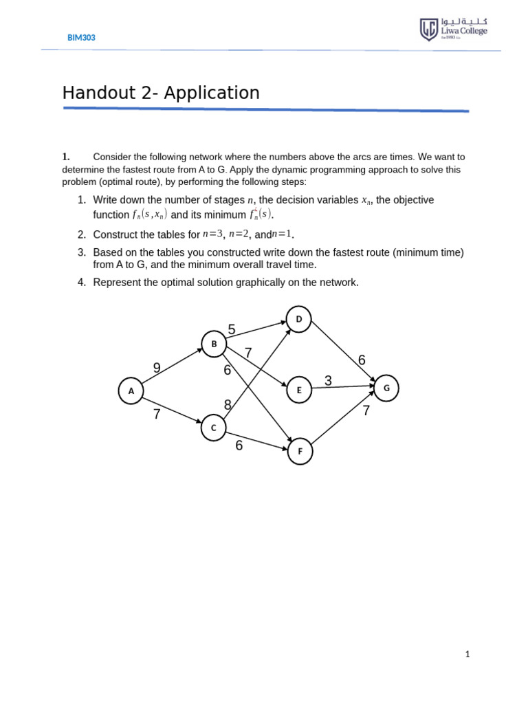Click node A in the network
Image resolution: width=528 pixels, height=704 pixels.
pos(131,391)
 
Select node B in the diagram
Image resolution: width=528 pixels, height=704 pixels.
pos(214,344)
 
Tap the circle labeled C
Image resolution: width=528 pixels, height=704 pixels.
pos(214,428)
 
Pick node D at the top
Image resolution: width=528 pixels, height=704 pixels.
pos(298,319)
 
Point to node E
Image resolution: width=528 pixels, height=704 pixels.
pos(298,390)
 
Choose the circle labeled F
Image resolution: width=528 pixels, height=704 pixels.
pos(300,452)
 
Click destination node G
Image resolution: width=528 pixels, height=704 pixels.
pos(386,388)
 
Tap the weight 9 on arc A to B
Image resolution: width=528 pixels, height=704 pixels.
pos(157,368)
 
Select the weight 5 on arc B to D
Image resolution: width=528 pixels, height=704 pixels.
pos(232,330)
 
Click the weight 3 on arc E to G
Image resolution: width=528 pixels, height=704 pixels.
pos(328,380)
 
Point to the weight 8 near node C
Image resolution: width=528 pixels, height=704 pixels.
pos(228,405)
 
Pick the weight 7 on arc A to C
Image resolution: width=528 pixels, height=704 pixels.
pos(157,414)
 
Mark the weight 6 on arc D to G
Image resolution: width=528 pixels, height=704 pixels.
pos(362,360)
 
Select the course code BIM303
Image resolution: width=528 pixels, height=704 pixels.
pos(81,38)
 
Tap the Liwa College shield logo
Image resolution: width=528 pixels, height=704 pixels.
pos(428,30)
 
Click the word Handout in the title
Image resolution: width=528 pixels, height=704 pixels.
pos(97,93)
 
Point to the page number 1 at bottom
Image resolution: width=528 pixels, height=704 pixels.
pos(467,654)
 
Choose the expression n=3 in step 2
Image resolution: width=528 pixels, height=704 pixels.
pos(212,234)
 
